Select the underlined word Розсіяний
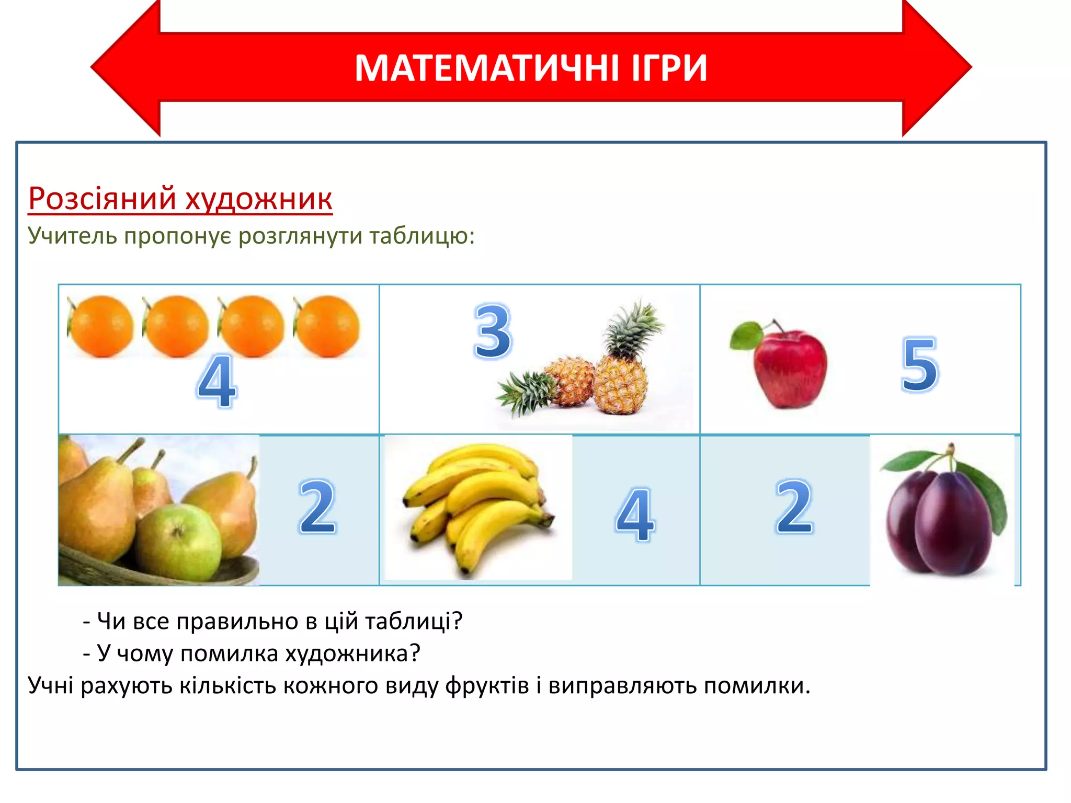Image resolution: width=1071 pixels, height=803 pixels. pos(102,198)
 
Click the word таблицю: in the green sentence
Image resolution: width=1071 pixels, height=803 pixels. pos(423,236)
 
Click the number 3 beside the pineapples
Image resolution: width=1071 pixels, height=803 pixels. pos(492,331)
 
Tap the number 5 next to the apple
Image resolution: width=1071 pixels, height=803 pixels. pos(919,365)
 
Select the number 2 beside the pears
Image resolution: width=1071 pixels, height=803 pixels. pos(317,507)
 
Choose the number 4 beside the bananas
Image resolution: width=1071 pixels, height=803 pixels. pos(634,514)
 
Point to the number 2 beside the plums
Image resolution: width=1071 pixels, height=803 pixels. pos(794,507)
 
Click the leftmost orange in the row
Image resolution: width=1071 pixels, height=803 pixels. pos(100,326)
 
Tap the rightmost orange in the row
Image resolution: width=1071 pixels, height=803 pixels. pos(327,326)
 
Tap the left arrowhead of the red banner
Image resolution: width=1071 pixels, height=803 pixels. pos(126,68)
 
